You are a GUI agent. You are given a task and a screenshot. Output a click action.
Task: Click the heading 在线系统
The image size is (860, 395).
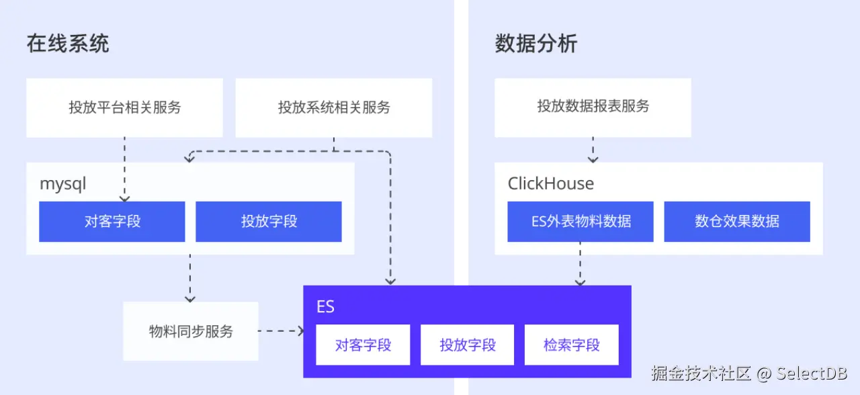(68, 44)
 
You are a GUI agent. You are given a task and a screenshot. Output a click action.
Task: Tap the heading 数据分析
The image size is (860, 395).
(535, 44)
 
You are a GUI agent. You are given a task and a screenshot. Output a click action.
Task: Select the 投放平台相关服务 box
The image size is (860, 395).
(124, 107)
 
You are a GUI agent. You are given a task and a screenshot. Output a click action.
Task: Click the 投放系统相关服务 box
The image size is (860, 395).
(334, 107)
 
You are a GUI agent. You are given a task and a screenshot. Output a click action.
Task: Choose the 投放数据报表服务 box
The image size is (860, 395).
(593, 107)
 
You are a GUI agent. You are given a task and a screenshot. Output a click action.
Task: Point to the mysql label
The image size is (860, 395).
(63, 183)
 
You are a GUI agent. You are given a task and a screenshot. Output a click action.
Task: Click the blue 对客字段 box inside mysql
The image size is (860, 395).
(112, 222)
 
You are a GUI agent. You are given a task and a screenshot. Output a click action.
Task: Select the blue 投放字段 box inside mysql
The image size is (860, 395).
(269, 222)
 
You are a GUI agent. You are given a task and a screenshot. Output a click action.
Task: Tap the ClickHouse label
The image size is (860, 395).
(550, 183)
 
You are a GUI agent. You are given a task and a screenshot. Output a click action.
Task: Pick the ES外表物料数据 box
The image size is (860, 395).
(580, 222)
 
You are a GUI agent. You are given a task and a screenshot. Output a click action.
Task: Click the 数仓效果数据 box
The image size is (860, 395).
(737, 222)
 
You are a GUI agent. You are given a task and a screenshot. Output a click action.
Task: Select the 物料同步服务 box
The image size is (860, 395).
(191, 331)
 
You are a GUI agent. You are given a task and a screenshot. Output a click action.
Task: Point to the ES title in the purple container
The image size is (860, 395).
(325, 307)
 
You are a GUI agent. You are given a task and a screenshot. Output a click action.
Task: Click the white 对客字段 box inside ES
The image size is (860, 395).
(363, 345)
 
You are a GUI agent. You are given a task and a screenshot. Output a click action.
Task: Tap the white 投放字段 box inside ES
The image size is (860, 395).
(468, 345)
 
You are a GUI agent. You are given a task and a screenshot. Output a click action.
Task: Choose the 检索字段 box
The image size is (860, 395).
(571, 345)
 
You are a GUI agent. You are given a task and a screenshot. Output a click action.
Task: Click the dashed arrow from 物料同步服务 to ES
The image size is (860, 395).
(281, 331)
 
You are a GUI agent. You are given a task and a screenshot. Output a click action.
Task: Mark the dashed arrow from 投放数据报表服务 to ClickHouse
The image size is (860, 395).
(593, 149)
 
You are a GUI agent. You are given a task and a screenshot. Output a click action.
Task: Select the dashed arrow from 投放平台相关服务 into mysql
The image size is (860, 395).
(124, 168)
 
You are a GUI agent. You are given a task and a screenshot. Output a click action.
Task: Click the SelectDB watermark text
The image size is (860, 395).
(812, 374)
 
